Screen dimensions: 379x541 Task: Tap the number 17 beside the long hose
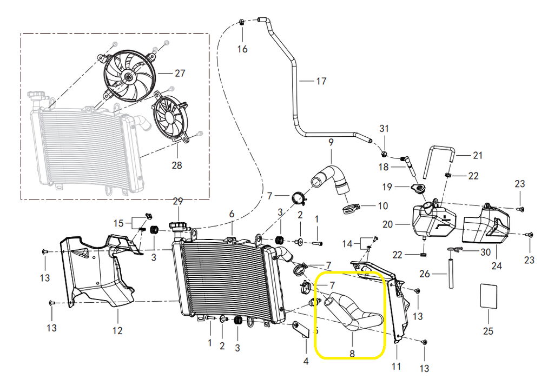(321, 82)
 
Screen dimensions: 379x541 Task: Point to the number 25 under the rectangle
(488, 331)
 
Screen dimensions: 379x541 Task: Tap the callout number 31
(384, 129)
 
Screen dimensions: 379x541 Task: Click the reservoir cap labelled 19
(417, 189)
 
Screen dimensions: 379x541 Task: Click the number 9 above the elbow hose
(331, 143)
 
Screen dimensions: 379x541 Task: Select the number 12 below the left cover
(117, 330)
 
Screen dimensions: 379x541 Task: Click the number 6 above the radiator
(232, 214)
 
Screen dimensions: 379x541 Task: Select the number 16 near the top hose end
(242, 49)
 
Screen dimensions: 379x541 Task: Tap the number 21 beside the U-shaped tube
(477, 156)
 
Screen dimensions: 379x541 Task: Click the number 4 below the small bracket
(306, 361)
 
